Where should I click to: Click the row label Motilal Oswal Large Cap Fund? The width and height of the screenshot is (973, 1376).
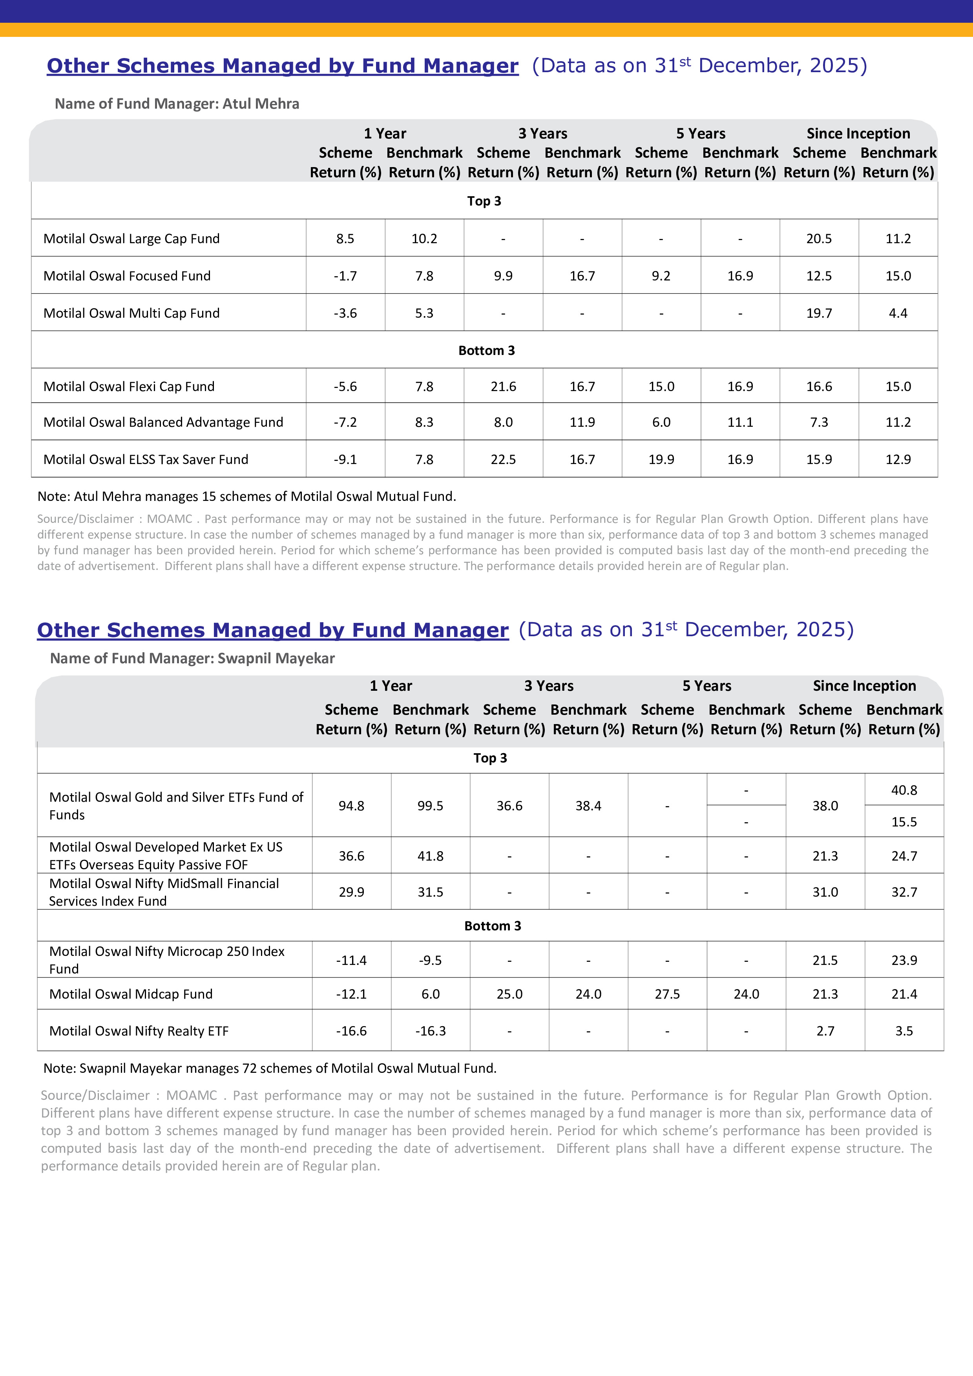pos(131,238)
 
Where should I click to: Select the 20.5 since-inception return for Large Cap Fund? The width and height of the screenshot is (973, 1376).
pos(819,238)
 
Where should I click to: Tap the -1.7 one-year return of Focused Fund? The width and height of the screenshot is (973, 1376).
pos(345,276)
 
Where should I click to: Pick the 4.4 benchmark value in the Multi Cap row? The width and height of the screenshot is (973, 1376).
pos(898,313)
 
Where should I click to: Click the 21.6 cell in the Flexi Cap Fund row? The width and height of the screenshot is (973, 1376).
pos(503,386)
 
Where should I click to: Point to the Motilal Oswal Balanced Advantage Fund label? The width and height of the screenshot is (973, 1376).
pos(163,422)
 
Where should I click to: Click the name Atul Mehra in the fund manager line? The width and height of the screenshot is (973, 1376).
pos(261,104)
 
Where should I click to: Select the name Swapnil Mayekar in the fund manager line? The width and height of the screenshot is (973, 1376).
pos(276,658)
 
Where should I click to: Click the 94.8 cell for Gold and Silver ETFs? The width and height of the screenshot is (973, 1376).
pos(351,805)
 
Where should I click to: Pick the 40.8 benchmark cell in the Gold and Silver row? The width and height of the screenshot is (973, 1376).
pos(904,790)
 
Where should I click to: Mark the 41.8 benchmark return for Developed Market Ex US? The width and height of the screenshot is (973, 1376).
pos(431,856)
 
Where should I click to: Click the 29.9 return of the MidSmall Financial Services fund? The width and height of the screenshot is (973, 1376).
pos(351,892)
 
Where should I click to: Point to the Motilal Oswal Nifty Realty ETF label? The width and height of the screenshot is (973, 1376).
pos(139,1031)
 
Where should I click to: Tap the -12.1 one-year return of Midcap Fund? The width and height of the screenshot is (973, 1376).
pos(351,994)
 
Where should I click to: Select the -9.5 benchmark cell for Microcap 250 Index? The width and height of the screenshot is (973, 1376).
pos(431,960)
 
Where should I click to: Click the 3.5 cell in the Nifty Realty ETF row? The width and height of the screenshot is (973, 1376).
pos(904,1031)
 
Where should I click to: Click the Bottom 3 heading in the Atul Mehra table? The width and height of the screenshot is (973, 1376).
pos(486,351)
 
